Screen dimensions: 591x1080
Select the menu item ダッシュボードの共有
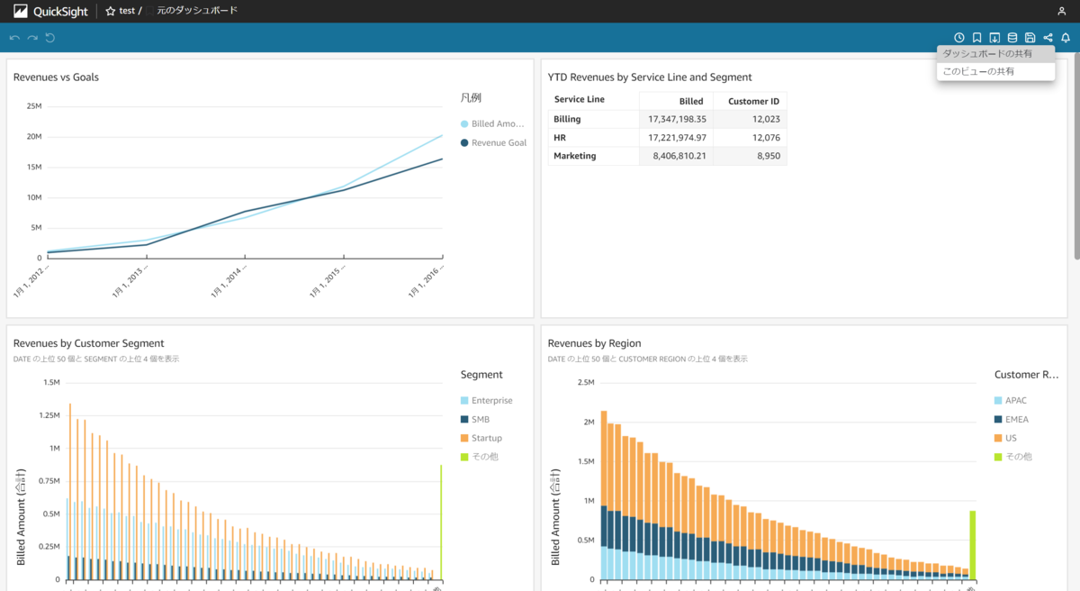click(x=986, y=54)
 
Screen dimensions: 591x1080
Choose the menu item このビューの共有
click(x=977, y=71)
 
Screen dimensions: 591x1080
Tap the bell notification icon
click(x=1066, y=38)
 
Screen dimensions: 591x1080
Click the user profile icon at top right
click(x=1061, y=11)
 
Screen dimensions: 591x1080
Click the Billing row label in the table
click(x=567, y=119)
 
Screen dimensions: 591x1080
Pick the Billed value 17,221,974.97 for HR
click(x=677, y=138)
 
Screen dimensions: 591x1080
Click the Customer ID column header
click(x=753, y=101)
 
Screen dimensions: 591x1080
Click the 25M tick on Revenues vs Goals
click(x=34, y=106)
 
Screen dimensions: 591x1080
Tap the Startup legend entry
click(x=486, y=438)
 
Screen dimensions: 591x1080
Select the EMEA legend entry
click(x=1017, y=419)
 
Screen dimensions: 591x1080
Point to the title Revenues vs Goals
click(x=56, y=77)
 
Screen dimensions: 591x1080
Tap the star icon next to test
click(x=111, y=11)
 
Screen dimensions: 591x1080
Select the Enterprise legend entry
click(x=491, y=400)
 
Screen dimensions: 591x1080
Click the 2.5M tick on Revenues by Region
click(x=585, y=383)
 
